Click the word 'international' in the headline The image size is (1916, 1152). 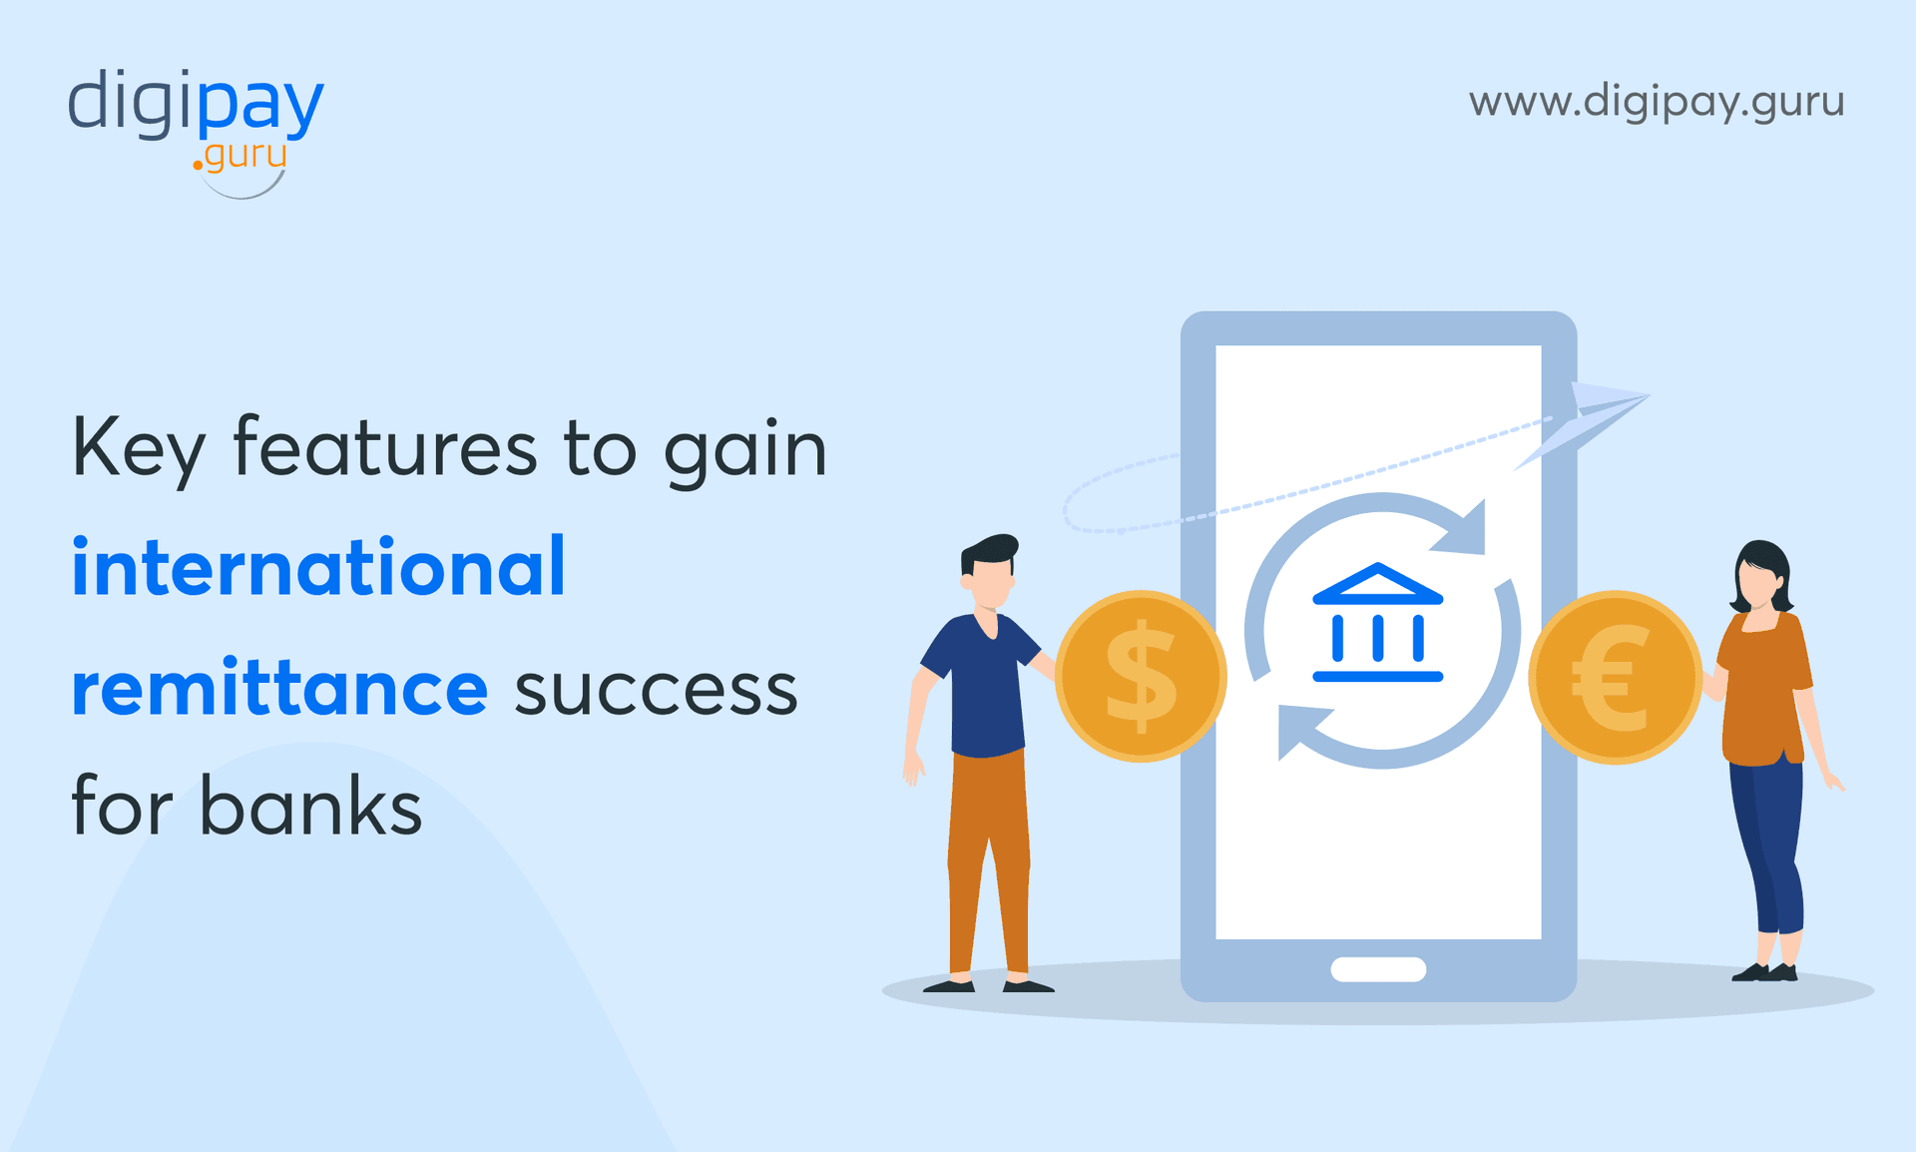318,567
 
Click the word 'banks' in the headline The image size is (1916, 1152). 310,807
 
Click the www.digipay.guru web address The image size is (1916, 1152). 1656,102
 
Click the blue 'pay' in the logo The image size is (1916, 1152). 259,104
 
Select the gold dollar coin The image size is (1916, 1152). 1141,676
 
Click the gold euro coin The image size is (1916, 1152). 1614,678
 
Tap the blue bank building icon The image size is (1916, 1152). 1377,623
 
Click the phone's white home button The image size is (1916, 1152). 1378,968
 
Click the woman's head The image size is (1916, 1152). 1760,576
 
